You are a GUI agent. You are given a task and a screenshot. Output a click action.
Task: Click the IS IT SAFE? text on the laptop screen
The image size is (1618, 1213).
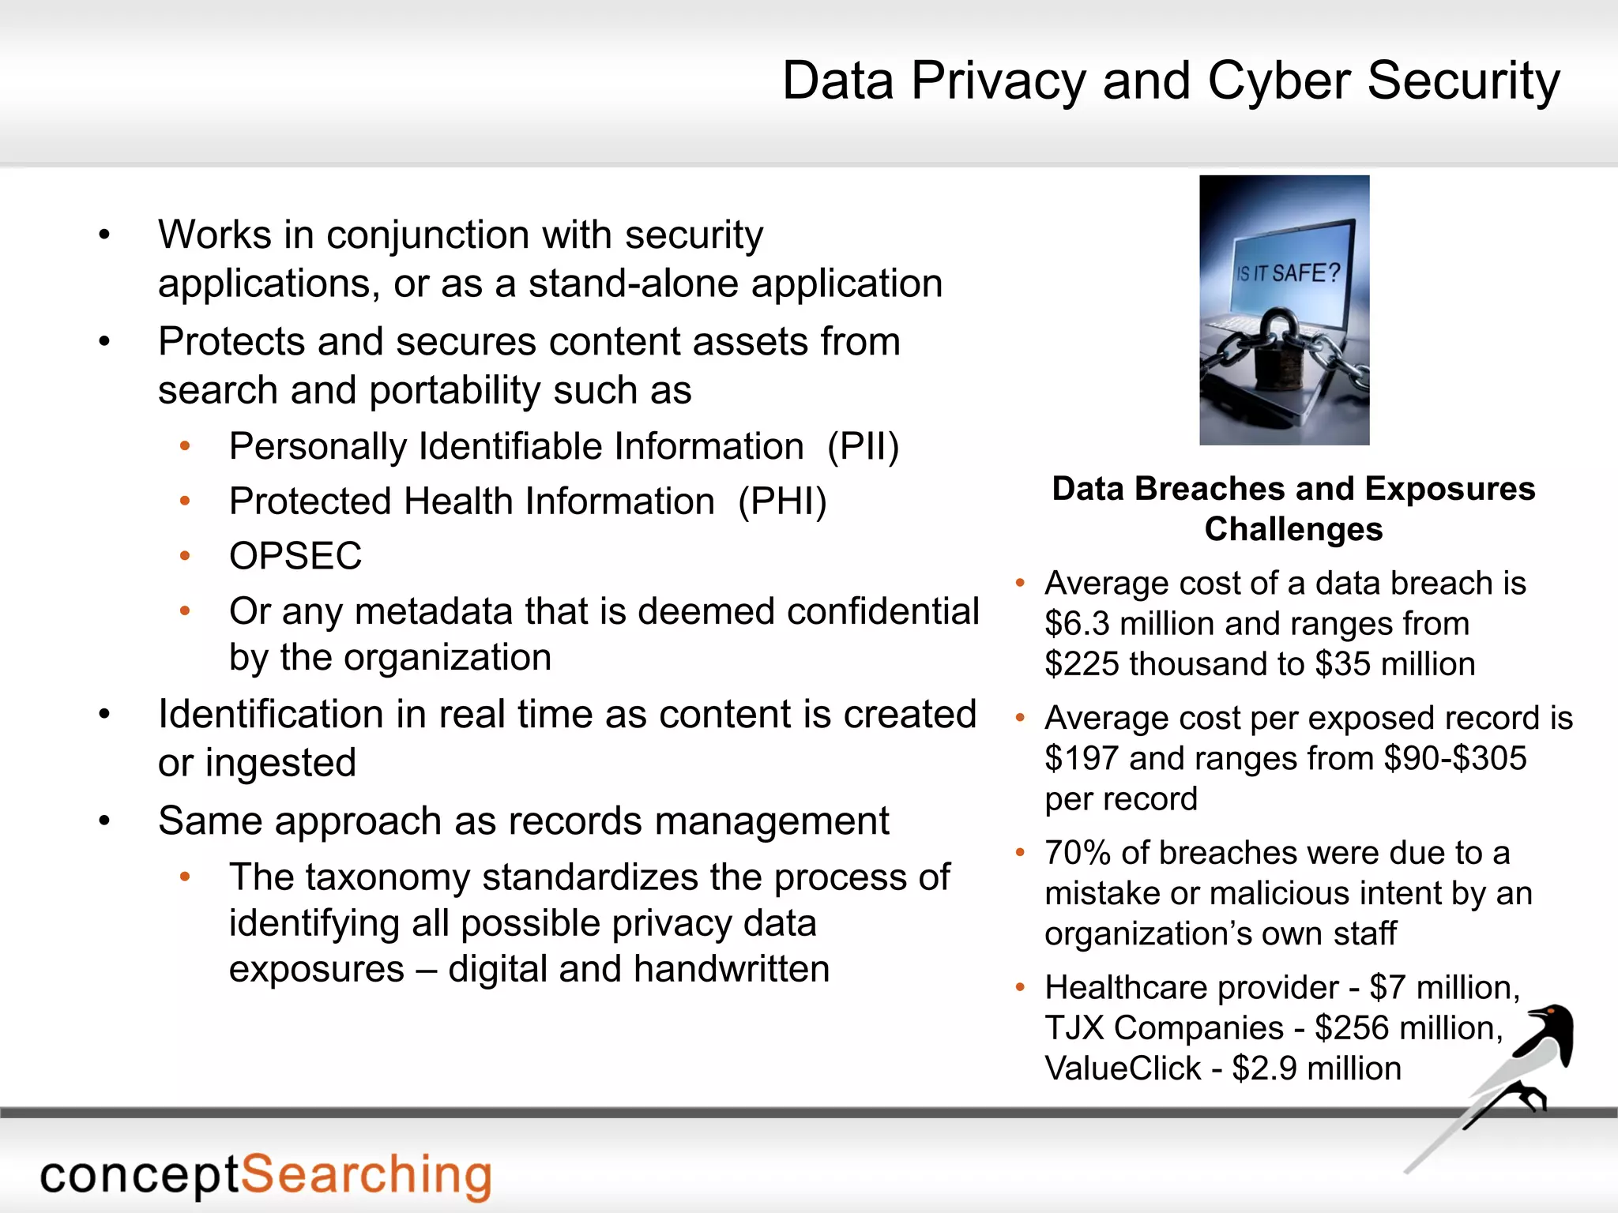pos(1288,273)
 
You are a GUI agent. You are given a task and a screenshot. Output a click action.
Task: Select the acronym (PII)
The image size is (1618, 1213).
pos(863,447)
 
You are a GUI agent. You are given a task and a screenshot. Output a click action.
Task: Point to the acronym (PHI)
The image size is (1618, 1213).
pos(782,501)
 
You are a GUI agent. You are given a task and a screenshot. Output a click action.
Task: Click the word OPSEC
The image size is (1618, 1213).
pos(295,556)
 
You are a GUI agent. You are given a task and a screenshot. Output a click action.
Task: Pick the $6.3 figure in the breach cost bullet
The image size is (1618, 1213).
pos(1077,624)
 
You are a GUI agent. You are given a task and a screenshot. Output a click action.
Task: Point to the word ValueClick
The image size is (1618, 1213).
pos(1123,1068)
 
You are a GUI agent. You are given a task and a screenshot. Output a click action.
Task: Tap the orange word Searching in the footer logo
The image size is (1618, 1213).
pos(366,1175)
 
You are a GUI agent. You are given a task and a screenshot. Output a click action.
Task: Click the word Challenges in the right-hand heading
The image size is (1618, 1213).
pos(1293,529)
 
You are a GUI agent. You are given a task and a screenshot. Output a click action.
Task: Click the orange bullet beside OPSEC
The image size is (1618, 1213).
pos(185,556)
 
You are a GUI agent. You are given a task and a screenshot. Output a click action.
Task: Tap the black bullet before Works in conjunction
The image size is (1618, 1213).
pos(104,235)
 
